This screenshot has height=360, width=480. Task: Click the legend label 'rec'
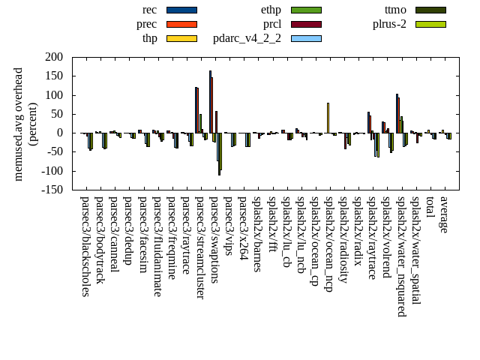click(149, 10)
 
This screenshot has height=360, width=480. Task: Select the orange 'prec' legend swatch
click(181, 24)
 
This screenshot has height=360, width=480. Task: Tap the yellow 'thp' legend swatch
click(181, 38)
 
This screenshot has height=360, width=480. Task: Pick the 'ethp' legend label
click(271, 10)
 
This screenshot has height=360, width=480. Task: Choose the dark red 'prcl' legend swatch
click(306, 24)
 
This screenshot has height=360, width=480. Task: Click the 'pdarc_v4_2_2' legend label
click(247, 38)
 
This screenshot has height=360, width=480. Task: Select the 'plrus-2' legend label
click(389, 24)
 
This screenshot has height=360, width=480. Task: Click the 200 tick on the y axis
click(53, 57)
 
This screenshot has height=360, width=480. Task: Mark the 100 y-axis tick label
click(53, 95)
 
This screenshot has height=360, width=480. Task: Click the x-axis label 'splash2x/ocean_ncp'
click(328, 243)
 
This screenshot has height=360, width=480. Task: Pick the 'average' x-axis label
click(444, 214)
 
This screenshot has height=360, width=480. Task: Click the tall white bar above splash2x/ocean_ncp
click(328, 118)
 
